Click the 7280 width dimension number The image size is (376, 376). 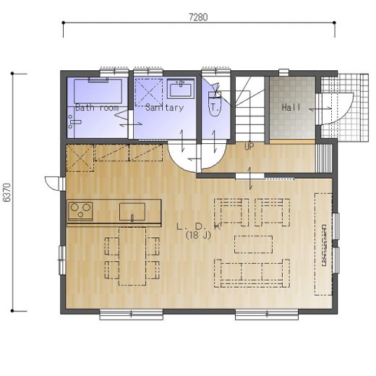coord(198,17)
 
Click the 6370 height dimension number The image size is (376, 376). coord(7,192)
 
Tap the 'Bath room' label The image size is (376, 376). coord(97,107)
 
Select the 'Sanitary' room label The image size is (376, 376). coord(165,107)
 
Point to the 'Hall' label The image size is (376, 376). coord(291,107)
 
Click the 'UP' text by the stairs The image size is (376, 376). coord(249,146)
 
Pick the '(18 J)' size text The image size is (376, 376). coord(198,235)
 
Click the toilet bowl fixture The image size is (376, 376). coord(214,104)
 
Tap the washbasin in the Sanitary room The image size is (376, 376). coord(181,88)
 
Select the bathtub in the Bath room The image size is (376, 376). coord(98,91)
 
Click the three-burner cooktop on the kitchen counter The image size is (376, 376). coord(80,211)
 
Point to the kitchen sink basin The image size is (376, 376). coord(132,212)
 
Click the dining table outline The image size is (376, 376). coord(132,257)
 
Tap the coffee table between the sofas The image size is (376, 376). coord(254,244)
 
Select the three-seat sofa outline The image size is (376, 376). coord(252,273)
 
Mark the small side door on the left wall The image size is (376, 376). coord(53,183)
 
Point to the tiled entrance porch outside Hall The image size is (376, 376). coord(345,108)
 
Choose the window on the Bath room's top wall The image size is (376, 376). coord(114,72)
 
